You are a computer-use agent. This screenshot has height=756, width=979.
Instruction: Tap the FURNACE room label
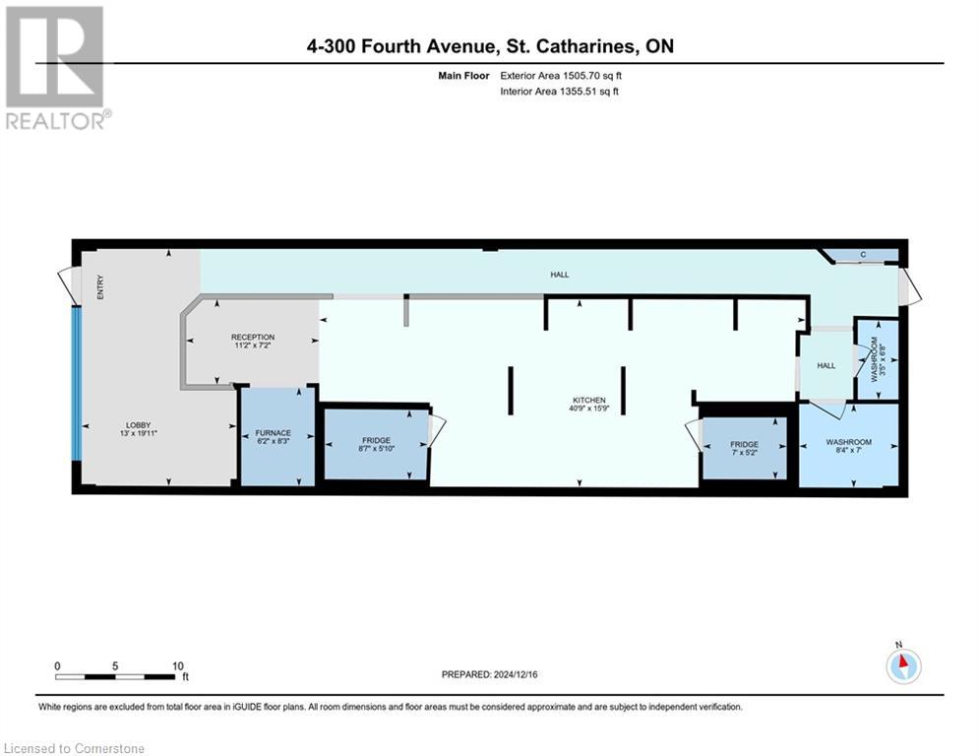(x=275, y=432)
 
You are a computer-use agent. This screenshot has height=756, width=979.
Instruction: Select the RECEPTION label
(x=253, y=338)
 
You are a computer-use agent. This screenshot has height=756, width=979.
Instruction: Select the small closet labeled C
(x=863, y=256)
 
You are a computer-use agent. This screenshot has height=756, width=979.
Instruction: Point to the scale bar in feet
(x=118, y=676)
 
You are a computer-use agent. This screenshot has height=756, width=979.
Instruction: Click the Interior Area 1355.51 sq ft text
(x=558, y=92)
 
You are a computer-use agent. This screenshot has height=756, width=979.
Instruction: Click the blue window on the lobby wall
(x=75, y=383)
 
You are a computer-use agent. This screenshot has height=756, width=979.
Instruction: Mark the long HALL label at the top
(x=559, y=275)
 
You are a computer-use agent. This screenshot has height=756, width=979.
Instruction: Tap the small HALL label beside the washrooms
(x=826, y=365)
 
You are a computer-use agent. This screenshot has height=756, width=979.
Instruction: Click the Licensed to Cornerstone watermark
(x=75, y=748)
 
